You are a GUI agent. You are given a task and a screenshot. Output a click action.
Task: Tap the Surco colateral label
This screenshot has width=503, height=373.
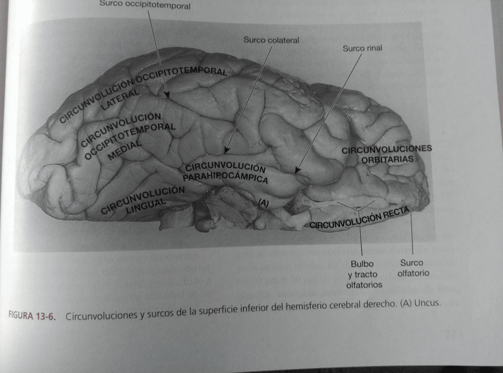271,40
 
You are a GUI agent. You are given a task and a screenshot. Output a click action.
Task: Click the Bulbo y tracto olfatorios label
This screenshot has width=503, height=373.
363,274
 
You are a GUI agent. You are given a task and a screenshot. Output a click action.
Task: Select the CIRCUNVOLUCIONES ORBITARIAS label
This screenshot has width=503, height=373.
386,154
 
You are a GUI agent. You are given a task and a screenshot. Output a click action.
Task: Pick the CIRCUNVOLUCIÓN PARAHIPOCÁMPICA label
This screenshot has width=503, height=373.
225,173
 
